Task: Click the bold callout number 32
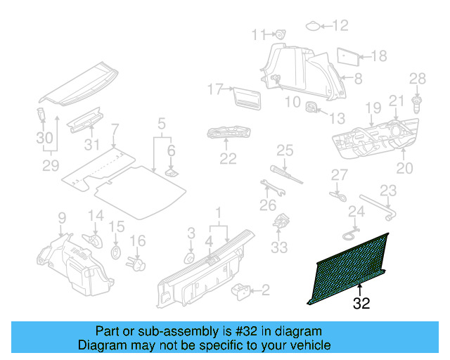[361, 304]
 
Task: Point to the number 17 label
[214, 89]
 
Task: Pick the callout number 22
[227, 159]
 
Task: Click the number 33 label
[279, 247]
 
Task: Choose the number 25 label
[284, 150]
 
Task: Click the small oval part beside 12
[311, 27]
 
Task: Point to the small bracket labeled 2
[241, 290]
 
